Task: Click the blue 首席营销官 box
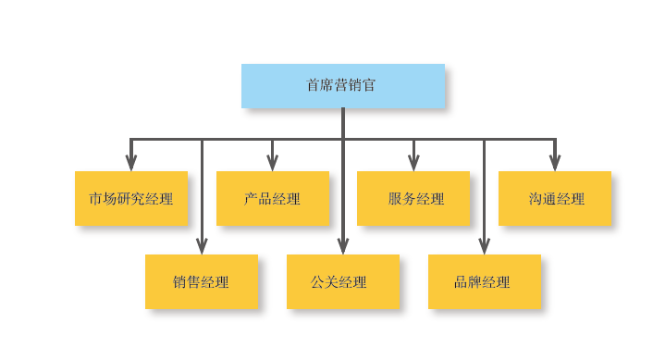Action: tap(342, 85)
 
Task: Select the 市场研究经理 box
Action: tap(130, 198)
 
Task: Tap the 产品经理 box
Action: tap(272, 198)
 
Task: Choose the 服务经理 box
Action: tap(413, 198)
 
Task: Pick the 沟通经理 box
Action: tap(554, 198)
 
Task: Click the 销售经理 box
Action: tap(201, 281)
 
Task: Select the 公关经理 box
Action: tap(342, 281)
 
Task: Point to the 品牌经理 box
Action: tap(484, 281)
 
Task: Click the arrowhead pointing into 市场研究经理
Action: tap(131, 163)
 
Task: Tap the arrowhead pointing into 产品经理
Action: tap(272, 163)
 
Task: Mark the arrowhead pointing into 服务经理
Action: tap(413, 163)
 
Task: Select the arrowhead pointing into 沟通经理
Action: tap(555, 163)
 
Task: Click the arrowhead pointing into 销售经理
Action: tap(202, 246)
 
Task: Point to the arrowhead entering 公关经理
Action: tap(342, 246)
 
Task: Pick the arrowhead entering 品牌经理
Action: tap(484, 246)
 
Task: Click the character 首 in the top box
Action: tap(314, 85)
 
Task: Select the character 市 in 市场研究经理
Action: tap(95, 199)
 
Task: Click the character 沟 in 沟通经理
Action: tap(536, 199)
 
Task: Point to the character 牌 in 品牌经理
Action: tap(475, 282)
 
